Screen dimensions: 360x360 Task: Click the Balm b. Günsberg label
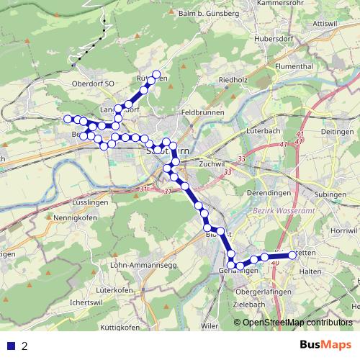point(204,14)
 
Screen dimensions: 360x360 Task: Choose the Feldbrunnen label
point(204,113)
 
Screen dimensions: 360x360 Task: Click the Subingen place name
point(331,194)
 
